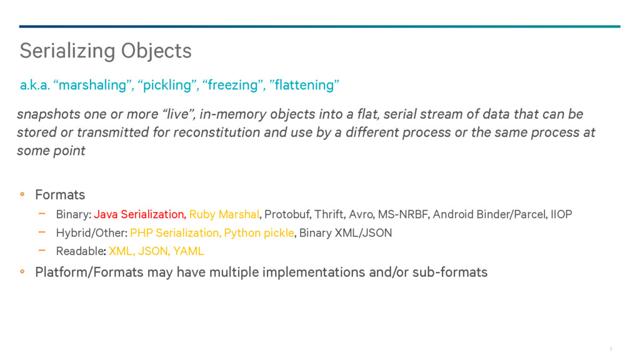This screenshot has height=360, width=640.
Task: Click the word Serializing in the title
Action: pyautogui.click(x=67, y=51)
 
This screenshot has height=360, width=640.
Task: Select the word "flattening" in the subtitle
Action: pyautogui.click(x=304, y=85)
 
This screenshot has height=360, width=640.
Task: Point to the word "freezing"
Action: pyautogui.click(x=232, y=85)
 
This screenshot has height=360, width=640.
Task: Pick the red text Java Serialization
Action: pyautogui.click(x=140, y=214)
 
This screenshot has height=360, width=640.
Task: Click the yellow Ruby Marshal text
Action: pyautogui.click(x=224, y=214)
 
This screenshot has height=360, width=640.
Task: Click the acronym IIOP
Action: pyautogui.click(x=561, y=214)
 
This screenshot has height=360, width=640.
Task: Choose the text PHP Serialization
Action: pyautogui.click(x=176, y=232)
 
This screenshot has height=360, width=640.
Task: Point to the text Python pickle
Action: pyautogui.click(x=259, y=232)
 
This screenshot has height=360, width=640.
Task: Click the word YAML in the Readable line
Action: pyautogui.click(x=188, y=251)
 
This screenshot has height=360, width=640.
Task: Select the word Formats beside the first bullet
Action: pyautogui.click(x=60, y=195)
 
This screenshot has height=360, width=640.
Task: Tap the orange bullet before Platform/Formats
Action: pyautogui.click(x=22, y=271)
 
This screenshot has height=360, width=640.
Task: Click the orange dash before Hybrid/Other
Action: pyautogui.click(x=42, y=232)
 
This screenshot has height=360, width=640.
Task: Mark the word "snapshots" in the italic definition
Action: pyautogui.click(x=49, y=114)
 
